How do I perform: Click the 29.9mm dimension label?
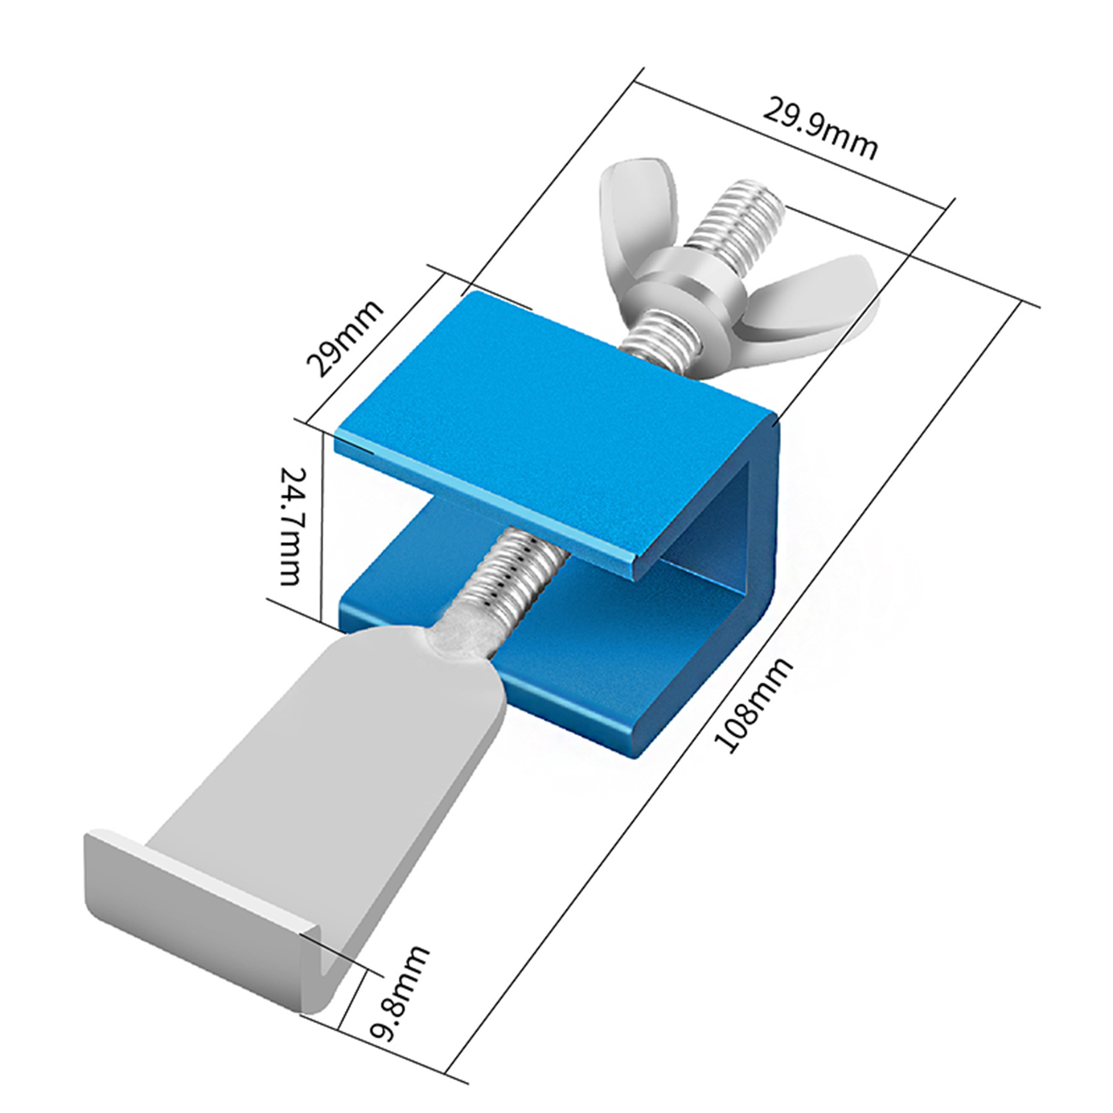coord(820,129)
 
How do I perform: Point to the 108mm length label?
coord(753,705)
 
